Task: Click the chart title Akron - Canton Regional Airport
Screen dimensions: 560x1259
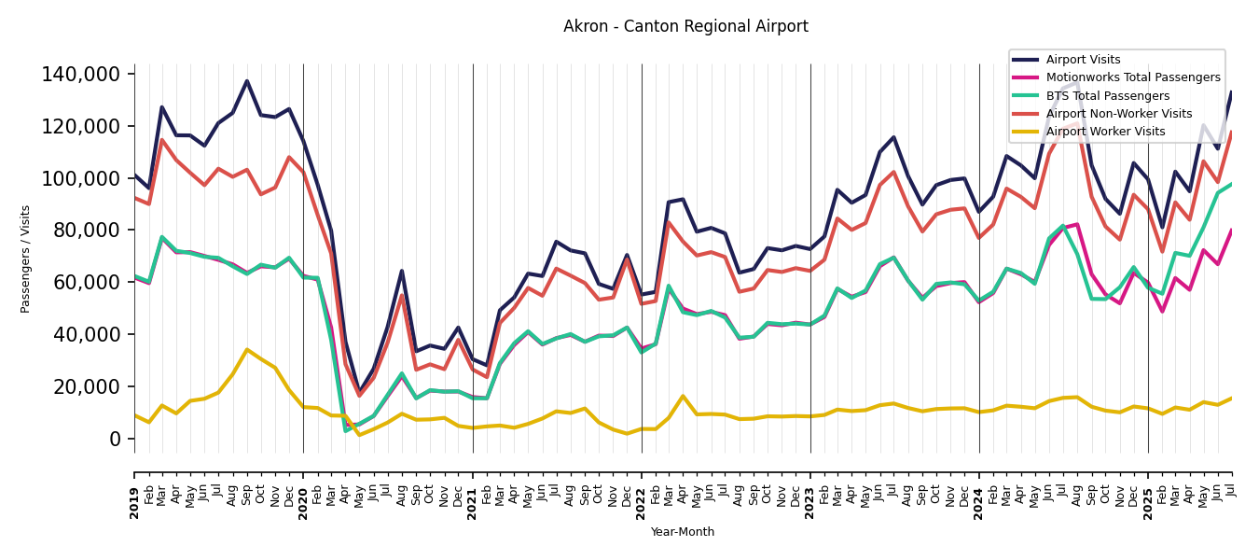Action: pos(685,27)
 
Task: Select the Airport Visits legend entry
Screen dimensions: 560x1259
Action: pos(1082,60)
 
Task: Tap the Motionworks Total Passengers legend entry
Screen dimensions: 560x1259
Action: pos(1132,77)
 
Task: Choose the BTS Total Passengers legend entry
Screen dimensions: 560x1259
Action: pos(1107,96)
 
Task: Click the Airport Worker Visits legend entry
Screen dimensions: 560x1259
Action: pos(1105,132)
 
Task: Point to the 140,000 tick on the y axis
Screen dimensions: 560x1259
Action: pos(82,75)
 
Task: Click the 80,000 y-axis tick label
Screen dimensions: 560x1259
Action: pos(87,231)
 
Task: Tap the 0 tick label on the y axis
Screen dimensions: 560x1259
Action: pos(116,439)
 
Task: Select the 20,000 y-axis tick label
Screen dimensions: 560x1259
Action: pos(87,386)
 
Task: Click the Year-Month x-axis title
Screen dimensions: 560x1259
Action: pos(683,532)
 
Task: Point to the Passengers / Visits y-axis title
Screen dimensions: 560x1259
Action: pos(26,259)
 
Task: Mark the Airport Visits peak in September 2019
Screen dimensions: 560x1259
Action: pos(247,81)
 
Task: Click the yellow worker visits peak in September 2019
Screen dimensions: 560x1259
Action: pos(247,350)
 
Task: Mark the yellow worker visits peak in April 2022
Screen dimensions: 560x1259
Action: pos(683,396)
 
